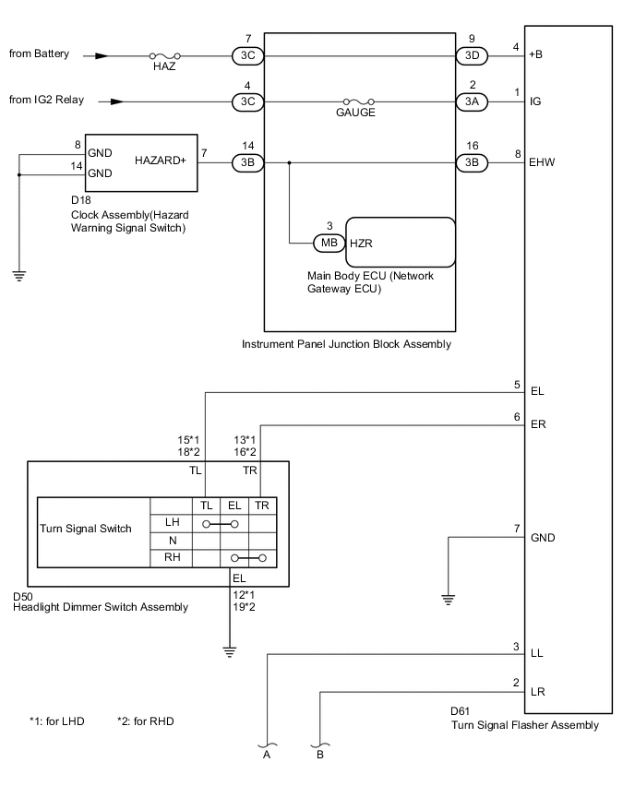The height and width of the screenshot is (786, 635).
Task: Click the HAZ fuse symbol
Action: click(x=164, y=55)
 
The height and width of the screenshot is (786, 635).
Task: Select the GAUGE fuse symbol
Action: click(x=356, y=101)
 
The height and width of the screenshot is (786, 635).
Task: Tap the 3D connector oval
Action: click(x=472, y=55)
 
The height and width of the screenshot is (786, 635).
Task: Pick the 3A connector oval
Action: click(x=472, y=101)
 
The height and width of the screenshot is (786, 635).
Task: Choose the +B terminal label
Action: click(x=536, y=54)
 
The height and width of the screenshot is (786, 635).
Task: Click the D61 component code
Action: click(x=461, y=711)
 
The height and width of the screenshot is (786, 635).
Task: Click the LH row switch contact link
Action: click(x=221, y=523)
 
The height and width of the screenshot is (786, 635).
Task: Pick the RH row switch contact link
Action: click(x=250, y=558)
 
